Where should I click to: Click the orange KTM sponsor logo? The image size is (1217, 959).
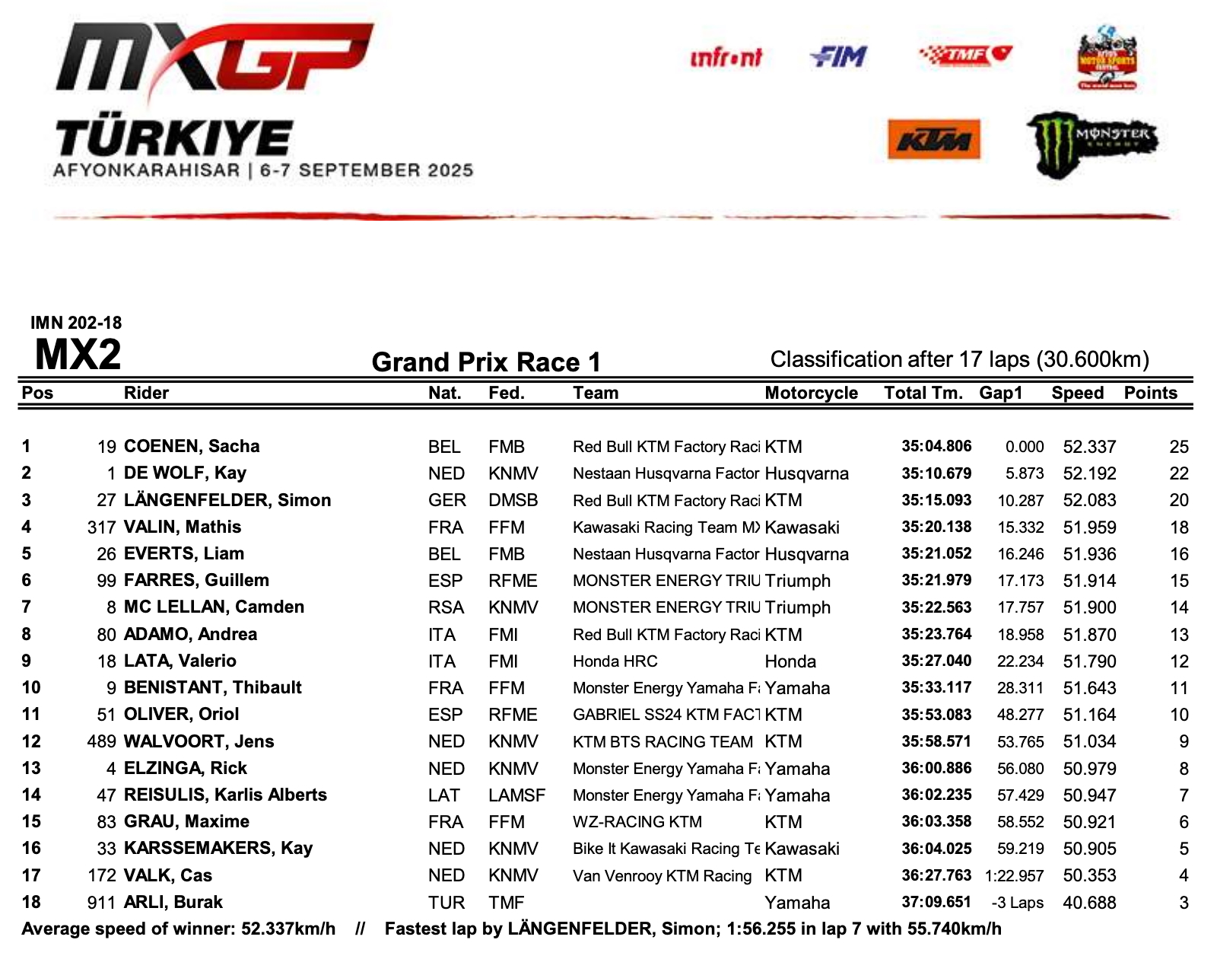coord(933,139)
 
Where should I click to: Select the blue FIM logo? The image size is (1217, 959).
coord(838,56)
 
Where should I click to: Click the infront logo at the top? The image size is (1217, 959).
coord(726,57)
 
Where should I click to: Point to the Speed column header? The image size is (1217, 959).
coord(1077,393)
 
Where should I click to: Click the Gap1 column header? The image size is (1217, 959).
coord(1000,393)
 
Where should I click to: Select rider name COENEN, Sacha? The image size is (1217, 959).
coord(192,446)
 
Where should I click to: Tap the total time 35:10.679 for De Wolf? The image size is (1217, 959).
coord(936,473)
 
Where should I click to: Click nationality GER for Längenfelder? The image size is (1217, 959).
coord(446,500)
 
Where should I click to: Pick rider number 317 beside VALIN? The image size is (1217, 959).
coord(101,527)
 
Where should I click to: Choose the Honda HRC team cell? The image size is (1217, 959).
coord(615,661)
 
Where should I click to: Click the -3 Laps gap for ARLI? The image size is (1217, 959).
coord(1017,903)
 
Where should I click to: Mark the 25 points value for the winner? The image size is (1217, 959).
coord(1178,447)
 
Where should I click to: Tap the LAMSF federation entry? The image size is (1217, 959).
coord(516,795)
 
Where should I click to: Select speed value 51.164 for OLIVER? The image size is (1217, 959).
coord(1089,715)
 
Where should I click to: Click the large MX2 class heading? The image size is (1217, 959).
coord(78,354)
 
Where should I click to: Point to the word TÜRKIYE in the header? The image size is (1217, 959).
coord(173,139)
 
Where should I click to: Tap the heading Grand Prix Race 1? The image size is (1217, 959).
coord(486,362)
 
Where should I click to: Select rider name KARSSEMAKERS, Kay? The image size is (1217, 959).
coord(218,848)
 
